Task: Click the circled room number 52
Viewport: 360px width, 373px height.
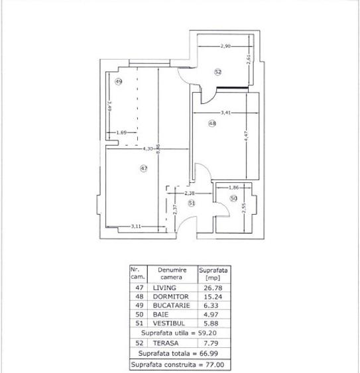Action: (217, 72)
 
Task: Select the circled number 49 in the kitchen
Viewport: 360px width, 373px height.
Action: (118, 81)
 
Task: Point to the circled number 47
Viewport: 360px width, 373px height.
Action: (144, 168)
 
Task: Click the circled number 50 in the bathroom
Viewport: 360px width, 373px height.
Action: (233, 198)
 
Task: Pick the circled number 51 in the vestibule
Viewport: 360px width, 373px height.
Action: (191, 203)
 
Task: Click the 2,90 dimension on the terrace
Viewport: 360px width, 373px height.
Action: (225, 46)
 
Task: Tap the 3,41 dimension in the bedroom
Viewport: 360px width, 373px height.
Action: (227, 113)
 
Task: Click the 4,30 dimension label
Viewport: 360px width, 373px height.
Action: (147, 149)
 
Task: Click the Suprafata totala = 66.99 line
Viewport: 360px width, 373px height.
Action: (180, 354)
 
